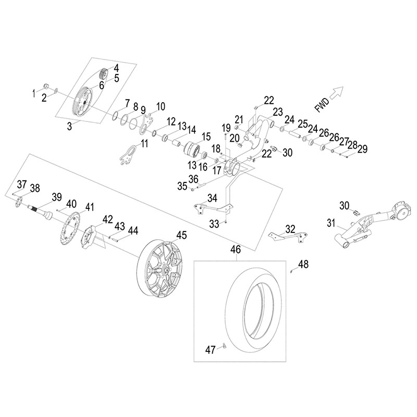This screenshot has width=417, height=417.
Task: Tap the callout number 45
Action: coord(181,235)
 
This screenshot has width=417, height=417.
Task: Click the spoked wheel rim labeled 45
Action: coord(163,272)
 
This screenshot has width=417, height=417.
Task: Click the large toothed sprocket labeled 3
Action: coord(82,103)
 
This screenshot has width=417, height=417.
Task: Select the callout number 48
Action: coord(303,264)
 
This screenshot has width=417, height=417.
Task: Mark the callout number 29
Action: coord(363,149)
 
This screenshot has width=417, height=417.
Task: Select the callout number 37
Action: coord(21,183)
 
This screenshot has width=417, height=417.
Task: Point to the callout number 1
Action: coord(34,93)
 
